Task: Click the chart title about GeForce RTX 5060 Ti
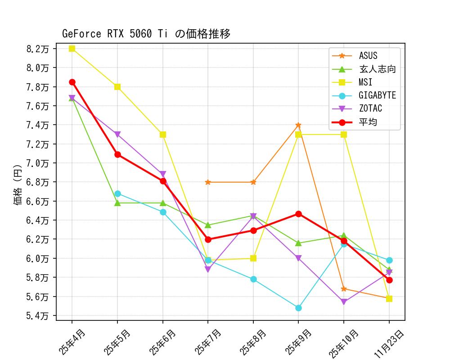click(146, 34)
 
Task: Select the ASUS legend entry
click(368, 56)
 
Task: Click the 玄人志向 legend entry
click(377, 69)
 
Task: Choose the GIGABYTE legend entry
click(377, 95)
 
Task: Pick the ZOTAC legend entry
click(370, 108)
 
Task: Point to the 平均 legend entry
click(368, 122)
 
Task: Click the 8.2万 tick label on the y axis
click(38, 49)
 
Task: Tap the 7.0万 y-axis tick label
click(38, 163)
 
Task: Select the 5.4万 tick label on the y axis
click(38, 315)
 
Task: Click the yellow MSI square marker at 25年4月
click(72, 49)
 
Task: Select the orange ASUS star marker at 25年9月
click(298, 125)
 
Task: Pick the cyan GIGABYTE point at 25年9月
click(298, 308)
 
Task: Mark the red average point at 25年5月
click(117, 154)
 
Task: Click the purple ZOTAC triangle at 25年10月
click(344, 302)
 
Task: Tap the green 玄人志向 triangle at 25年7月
click(208, 225)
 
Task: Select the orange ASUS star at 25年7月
click(208, 182)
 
